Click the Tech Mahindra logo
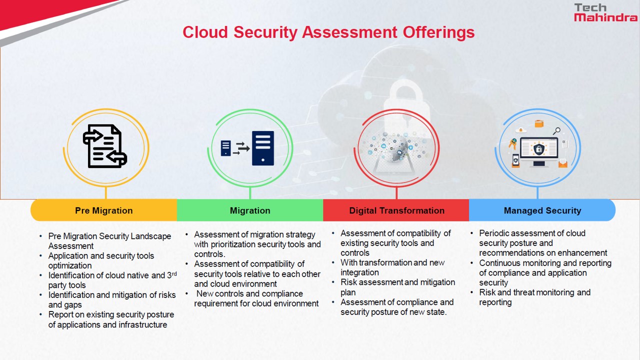click(605, 12)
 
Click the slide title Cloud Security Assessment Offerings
click(328, 32)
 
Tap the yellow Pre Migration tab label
click(104, 210)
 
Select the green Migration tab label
click(250, 210)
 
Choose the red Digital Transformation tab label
click(396, 210)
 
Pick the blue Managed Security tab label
click(542, 210)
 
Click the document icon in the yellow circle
click(105, 146)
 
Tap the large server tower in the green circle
click(263, 148)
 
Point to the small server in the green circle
click(226, 148)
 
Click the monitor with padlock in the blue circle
click(539, 150)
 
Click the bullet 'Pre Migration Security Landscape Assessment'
click(109, 241)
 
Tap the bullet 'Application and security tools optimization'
click(101, 260)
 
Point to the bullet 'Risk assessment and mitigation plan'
click(397, 287)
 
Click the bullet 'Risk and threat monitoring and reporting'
click(534, 297)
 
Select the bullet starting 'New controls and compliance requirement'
click(256, 298)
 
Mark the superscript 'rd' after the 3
click(173, 273)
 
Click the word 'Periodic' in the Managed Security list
click(494, 233)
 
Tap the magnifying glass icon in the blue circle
click(556, 131)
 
